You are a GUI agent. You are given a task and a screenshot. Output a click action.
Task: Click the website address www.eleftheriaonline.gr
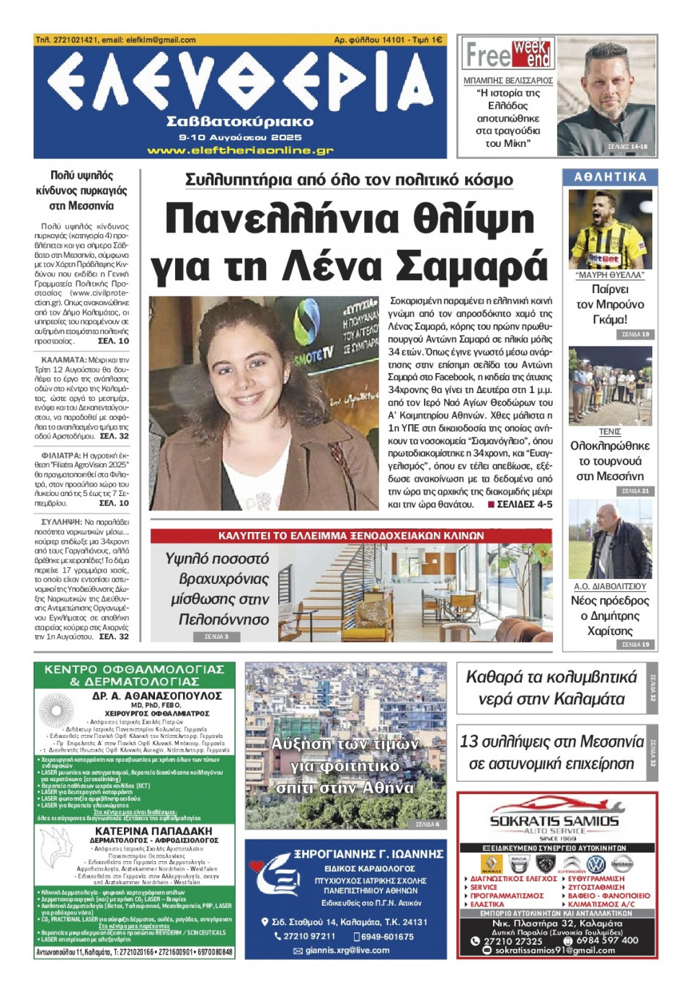[240, 150]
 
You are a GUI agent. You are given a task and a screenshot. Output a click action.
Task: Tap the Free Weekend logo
[508, 54]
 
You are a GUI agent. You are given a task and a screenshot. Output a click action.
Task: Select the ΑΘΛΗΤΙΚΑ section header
[610, 177]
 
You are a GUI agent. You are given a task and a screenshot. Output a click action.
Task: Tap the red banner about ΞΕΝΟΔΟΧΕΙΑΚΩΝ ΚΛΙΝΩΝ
[351, 536]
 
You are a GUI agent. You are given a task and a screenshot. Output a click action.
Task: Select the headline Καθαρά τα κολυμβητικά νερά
[551, 688]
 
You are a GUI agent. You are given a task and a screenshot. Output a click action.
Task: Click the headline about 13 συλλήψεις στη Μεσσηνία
[551, 752]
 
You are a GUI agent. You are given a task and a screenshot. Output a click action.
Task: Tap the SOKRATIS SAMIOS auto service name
[554, 821]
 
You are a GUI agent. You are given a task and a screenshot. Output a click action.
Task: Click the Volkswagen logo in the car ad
[595, 864]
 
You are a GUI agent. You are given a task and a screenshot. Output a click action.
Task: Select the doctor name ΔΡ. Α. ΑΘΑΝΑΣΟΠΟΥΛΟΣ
[157, 696]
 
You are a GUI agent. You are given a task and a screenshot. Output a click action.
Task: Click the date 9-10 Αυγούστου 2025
[240, 137]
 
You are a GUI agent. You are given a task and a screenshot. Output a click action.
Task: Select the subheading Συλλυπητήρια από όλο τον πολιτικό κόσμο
[349, 180]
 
